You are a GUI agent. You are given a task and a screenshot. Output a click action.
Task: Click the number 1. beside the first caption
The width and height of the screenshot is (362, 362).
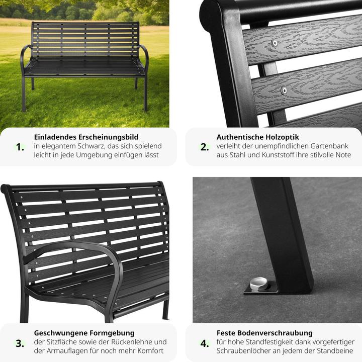(x=20, y=147)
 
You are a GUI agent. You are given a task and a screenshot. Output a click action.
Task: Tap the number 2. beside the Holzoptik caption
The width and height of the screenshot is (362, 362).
(x=205, y=147)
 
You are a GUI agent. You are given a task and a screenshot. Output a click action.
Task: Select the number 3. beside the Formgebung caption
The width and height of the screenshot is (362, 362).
(x=20, y=343)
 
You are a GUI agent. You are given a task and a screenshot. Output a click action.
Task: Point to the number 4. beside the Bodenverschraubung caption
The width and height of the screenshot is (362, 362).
(x=205, y=343)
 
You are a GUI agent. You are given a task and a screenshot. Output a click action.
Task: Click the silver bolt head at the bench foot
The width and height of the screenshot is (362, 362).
(x=258, y=284)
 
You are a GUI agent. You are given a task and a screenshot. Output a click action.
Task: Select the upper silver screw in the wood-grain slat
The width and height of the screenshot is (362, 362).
(x=275, y=43)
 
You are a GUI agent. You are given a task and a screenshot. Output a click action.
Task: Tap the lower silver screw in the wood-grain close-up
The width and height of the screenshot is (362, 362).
(x=284, y=90)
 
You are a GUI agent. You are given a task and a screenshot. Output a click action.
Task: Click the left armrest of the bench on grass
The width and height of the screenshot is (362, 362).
(x=24, y=58)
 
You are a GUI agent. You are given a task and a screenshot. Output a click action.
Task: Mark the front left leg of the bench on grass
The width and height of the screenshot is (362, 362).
(x=24, y=94)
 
